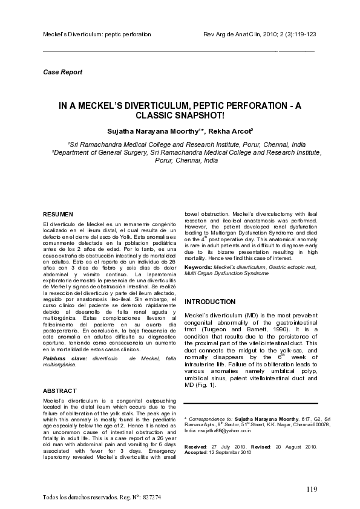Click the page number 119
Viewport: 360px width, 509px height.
311,488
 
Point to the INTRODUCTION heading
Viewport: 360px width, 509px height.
210,302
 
